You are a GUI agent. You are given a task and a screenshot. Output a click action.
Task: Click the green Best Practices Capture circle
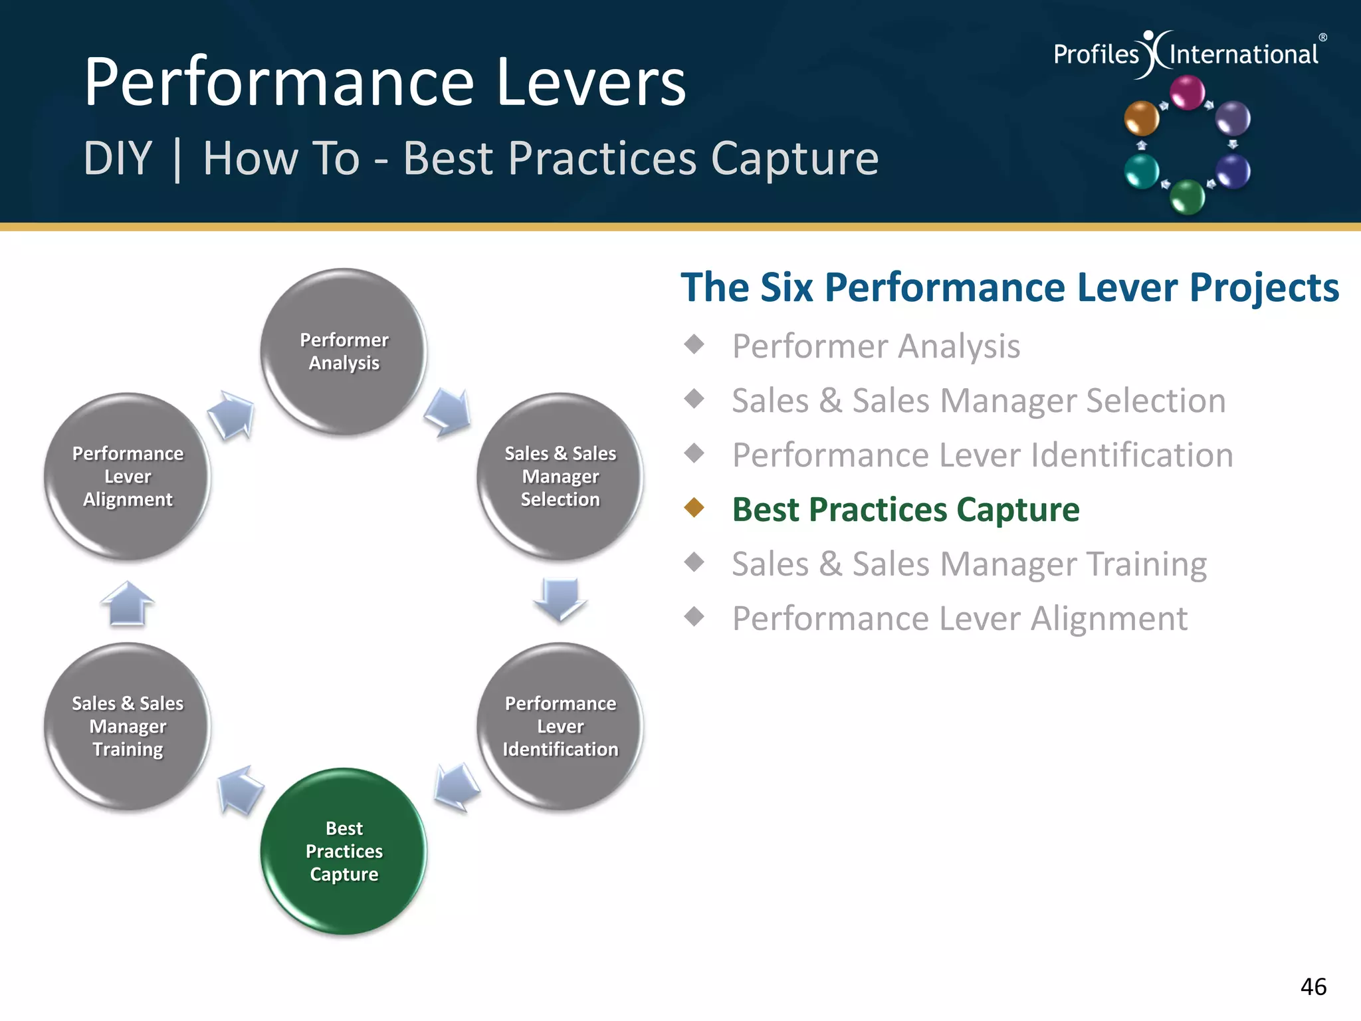[344, 851]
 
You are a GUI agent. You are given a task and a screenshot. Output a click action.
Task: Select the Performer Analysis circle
[344, 352]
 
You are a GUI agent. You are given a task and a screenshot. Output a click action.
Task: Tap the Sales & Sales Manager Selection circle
[560, 476]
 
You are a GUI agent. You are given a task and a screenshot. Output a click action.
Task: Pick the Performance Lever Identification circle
[560, 726]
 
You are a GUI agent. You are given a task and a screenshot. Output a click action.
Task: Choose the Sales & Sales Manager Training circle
[128, 726]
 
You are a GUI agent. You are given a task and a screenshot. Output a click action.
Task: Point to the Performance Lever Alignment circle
[128, 476]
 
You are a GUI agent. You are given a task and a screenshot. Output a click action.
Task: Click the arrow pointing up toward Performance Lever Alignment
[127, 602]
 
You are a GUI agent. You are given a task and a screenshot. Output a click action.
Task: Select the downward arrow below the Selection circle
[560, 598]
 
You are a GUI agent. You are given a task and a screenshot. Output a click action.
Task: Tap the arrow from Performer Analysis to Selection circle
[449, 412]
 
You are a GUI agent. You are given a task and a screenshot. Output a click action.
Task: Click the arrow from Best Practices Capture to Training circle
[239, 789]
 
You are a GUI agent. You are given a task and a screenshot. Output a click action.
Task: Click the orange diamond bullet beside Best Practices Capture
[694, 508]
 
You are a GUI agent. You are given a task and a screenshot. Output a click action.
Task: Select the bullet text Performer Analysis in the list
[876, 346]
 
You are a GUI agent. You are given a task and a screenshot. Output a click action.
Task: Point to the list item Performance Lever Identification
[982, 455]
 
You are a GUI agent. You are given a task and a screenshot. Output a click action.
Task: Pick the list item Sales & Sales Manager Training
[969, 564]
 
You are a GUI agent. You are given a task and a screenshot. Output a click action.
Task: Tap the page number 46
[1313, 987]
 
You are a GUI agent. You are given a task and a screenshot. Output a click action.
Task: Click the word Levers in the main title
[591, 82]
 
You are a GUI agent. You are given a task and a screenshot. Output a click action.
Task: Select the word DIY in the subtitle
[118, 159]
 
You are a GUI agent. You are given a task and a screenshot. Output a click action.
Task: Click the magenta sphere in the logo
[1187, 92]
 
